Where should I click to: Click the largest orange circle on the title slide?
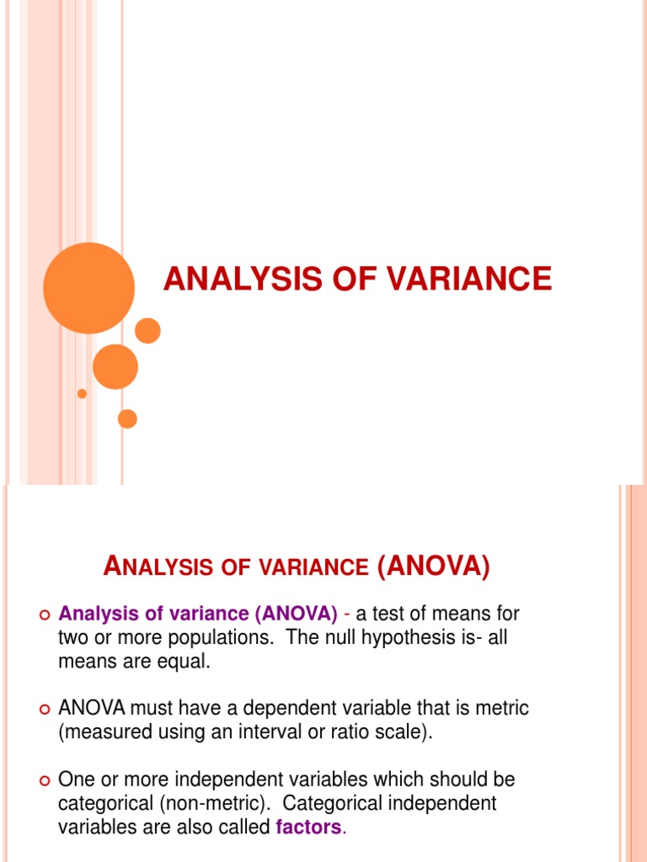[88, 288]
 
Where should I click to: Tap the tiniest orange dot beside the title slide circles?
[82, 393]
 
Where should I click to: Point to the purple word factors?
[309, 827]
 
